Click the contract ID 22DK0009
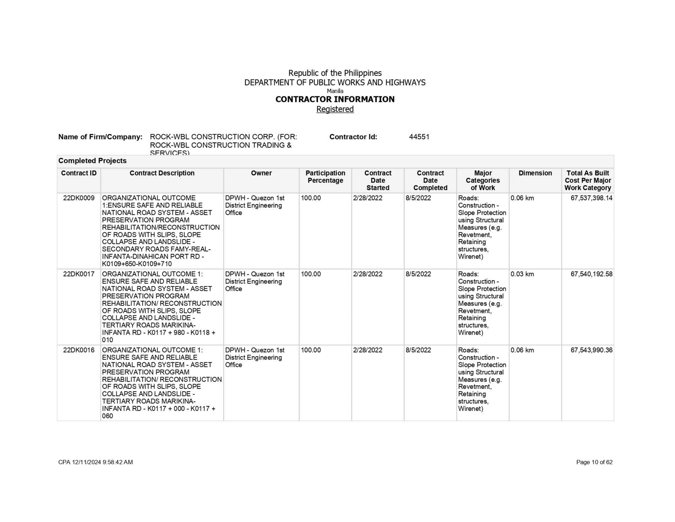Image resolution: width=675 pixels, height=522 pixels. [78, 198]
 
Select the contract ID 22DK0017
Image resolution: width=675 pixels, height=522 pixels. [78, 274]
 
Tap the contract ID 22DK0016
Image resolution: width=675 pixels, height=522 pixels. [78, 350]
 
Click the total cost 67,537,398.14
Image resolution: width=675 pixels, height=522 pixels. [591, 198]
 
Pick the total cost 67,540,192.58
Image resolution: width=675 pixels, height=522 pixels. [591, 274]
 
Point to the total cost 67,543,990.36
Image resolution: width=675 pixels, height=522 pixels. [591, 350]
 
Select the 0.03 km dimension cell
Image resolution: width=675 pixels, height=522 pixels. [522, 274]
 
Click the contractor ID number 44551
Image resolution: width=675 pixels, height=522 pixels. [419, 137]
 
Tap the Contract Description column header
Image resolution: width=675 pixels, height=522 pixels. [162, 173]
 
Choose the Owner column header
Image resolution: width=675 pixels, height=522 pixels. [261, 173]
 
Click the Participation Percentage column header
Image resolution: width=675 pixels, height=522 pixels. [325, 177]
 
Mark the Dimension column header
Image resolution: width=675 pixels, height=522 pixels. [535, 173]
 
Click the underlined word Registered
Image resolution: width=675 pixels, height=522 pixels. [335, 109]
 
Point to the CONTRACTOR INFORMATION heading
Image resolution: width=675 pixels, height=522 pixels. [335, 99]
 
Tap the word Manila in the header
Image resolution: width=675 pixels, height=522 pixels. [335, 91]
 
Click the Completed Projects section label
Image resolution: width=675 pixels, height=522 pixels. [92, 161]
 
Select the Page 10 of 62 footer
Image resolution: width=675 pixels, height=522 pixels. [594, 462]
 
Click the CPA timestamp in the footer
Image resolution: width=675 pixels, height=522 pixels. [95, 462]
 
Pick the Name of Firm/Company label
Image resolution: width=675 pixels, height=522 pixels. [100, 137]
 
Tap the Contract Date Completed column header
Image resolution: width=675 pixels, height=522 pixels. [430, 180]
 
